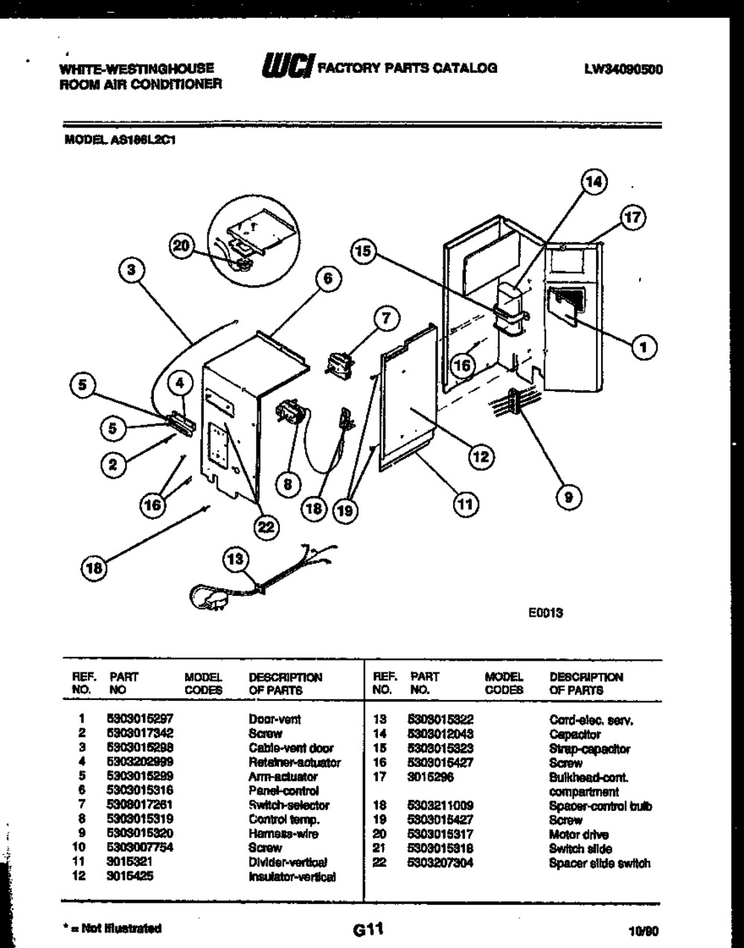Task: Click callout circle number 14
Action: point(593,182)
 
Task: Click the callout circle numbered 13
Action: point(236,559)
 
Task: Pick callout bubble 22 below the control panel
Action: point(266,527)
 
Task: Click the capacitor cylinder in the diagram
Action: point(511,305)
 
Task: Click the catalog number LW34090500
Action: point(623,69)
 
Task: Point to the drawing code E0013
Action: point(546,612)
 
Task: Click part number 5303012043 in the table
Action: point(440,734)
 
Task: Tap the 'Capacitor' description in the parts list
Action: point(574,734)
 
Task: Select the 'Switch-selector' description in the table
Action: point(288,805)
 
